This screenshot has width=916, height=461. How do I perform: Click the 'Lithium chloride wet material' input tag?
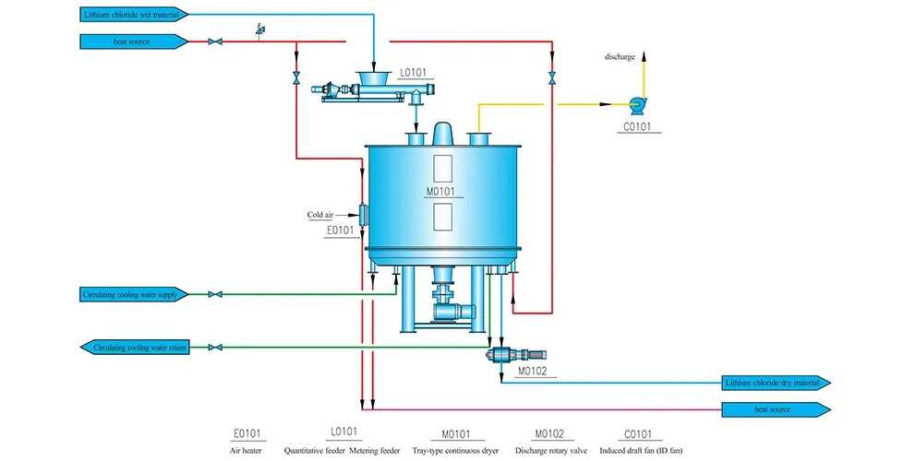[134, 15]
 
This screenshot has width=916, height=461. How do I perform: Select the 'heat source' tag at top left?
[134, 41]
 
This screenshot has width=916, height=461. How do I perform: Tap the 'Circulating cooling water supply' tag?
[134, 295]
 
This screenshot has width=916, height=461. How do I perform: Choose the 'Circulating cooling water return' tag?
[135, 348]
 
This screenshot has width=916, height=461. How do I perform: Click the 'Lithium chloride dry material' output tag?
[777, 383]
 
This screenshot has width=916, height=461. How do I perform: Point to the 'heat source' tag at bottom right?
[777, 409]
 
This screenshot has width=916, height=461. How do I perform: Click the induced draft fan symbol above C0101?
[637, 106]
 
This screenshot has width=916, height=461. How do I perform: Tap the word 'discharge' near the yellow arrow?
[620, 57]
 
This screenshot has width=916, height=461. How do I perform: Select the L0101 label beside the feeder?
[413, 73]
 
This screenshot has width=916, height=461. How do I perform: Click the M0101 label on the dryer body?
[440, 192]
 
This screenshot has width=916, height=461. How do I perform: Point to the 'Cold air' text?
[320, 215]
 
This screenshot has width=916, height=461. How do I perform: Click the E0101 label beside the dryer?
[341, 230]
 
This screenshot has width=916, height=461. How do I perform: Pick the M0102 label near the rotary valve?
[533, 371]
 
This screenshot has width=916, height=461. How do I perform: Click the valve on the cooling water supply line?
[215, 295]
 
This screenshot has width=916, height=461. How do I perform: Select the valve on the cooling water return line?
[215, 348]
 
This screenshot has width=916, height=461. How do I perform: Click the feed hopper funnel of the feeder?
[374, 77]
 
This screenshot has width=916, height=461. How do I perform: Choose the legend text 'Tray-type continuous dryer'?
[455, 451]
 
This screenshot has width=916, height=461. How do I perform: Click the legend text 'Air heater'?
[246, 451]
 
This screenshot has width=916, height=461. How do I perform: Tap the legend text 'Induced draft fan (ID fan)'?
[641, 451]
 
